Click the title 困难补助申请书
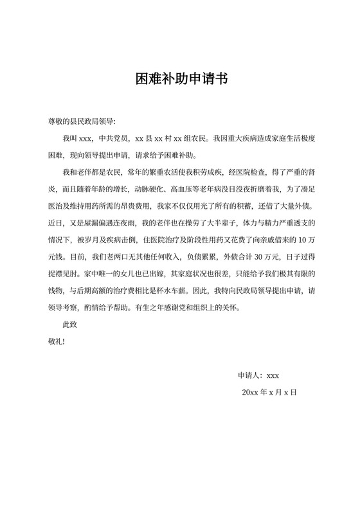tap(180, 79)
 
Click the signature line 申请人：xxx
tap(258, 375)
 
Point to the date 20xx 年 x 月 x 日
tap(269, 392)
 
